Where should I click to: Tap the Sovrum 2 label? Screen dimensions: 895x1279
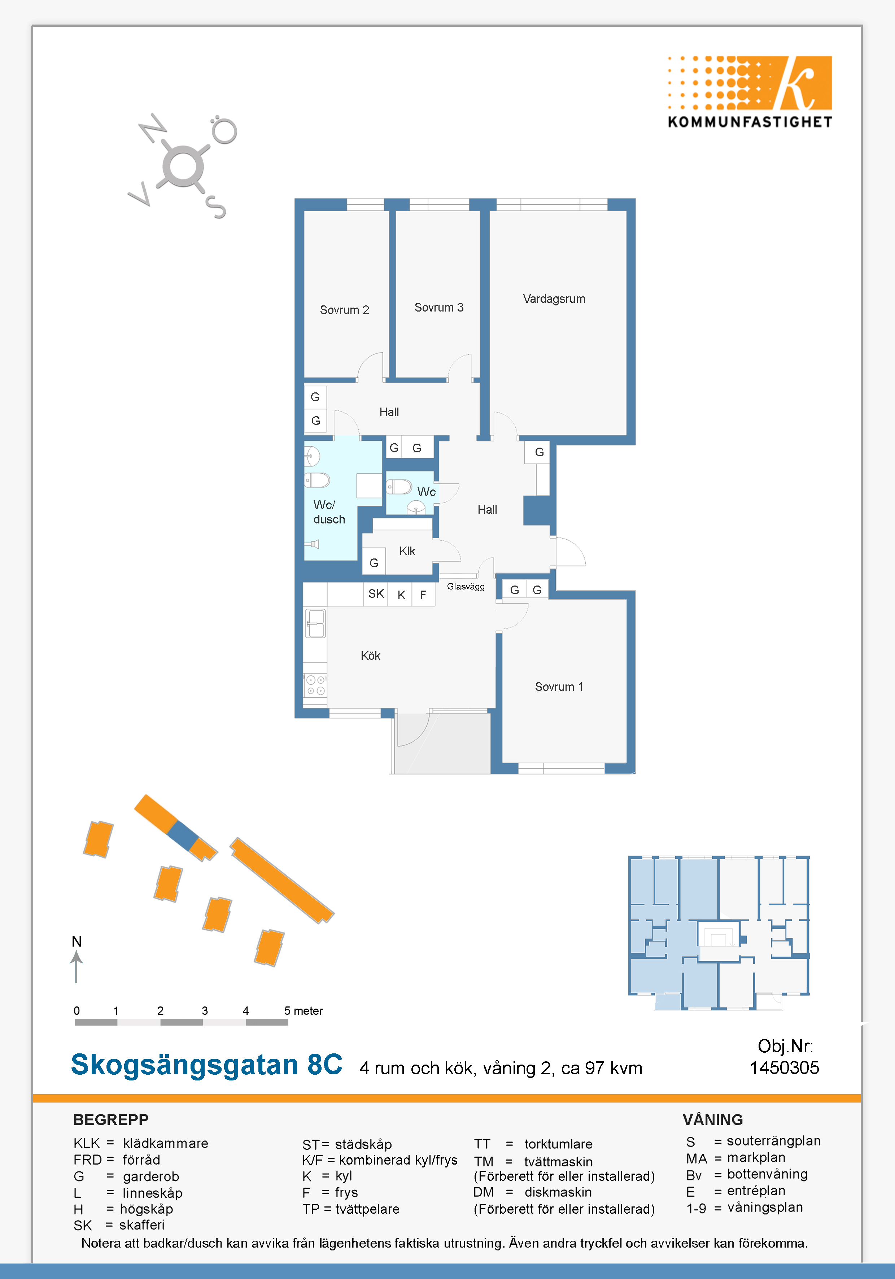pyautogui.click(x=344, y=310)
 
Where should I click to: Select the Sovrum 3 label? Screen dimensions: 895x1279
pyautogui.click(x=439, y=308)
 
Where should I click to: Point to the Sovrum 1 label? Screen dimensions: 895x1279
pyautogui.click(x=559, y=687)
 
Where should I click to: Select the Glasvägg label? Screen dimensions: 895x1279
pyautogui.click(x=466, y=587)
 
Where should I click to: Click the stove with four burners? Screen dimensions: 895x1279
pyautogui.click(x=315, y=685)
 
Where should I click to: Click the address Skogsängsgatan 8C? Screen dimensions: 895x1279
pyautogui.click(x=207, y=1065)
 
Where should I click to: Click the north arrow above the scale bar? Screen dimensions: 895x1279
pyautogui.click(x=76, y=966)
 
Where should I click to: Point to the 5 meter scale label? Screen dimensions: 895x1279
pyautogui.click(x=304, y=1010)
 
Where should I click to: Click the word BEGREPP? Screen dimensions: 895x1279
pyautogui.click(x=111, y=1120)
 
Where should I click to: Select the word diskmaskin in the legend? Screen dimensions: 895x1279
pyautogui.click(x=558, y=1192)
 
